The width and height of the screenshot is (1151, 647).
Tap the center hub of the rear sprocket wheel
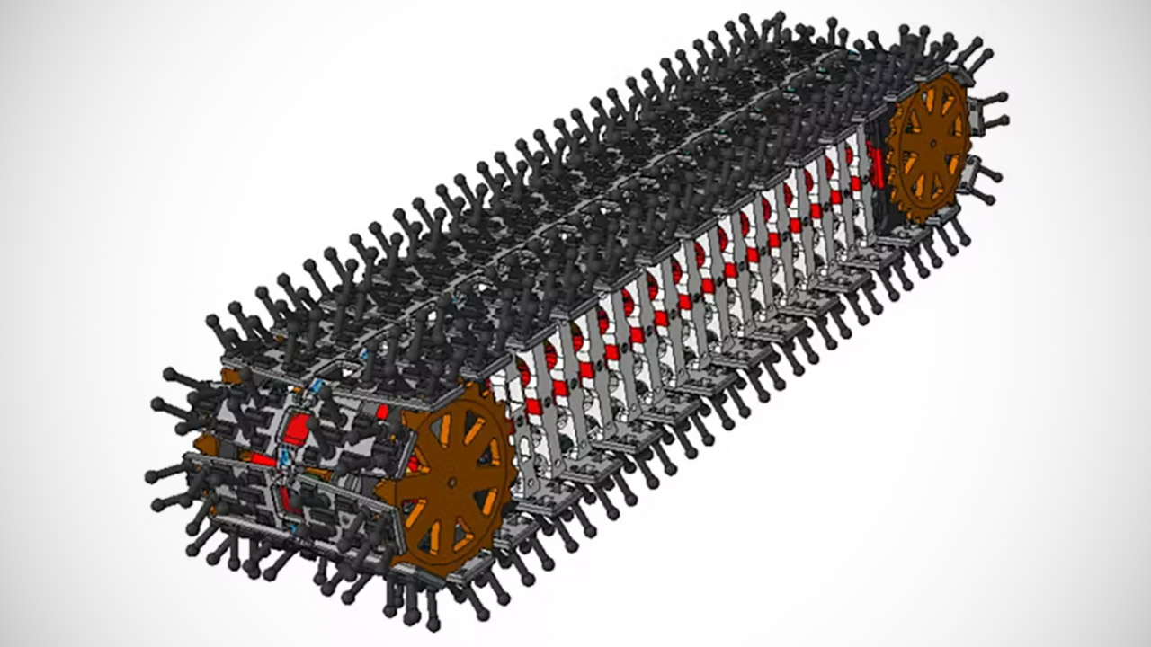[932, 144]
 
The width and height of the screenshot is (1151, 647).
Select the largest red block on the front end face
[296, 430]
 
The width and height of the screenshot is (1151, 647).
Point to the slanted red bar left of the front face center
[262, 459]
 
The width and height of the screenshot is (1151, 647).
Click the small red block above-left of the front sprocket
[382, 412]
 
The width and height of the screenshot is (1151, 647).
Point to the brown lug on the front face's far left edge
[201, 444]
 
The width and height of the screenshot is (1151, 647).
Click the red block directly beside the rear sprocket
[877, 175]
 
